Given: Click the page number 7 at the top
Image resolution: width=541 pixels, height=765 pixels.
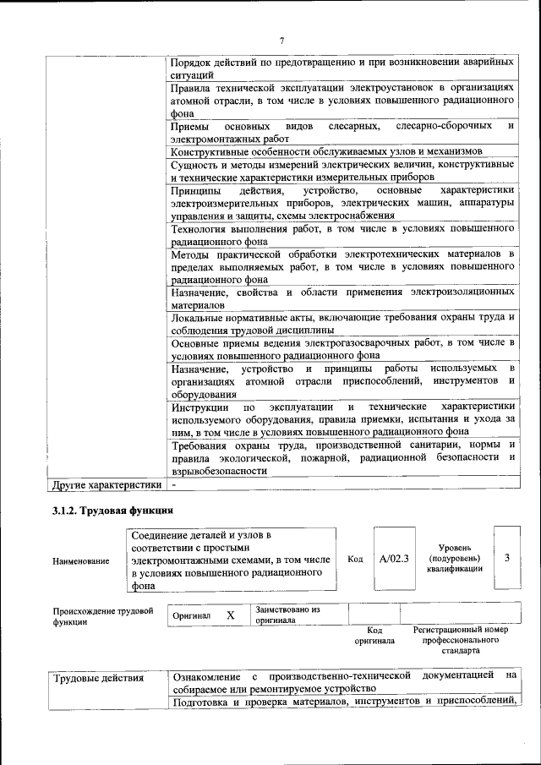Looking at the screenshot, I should point(281,40).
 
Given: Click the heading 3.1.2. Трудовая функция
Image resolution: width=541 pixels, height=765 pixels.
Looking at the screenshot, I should point(113,511).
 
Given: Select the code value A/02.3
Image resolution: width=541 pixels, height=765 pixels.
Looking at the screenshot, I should point(394,559).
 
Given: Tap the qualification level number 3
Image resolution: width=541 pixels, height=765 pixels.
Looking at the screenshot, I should point(506,559).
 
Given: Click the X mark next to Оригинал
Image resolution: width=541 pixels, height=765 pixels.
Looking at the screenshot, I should point(230,615).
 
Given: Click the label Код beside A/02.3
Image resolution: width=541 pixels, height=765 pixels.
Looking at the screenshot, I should point(355,559).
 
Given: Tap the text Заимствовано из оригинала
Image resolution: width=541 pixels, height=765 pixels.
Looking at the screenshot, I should point(287,615).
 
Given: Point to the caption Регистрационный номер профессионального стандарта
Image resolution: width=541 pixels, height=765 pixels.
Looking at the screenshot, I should point(461,641).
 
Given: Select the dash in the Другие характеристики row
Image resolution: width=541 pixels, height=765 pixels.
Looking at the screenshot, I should point(173,486).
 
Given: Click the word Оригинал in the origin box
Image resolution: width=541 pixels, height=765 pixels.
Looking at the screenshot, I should point(191,616).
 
